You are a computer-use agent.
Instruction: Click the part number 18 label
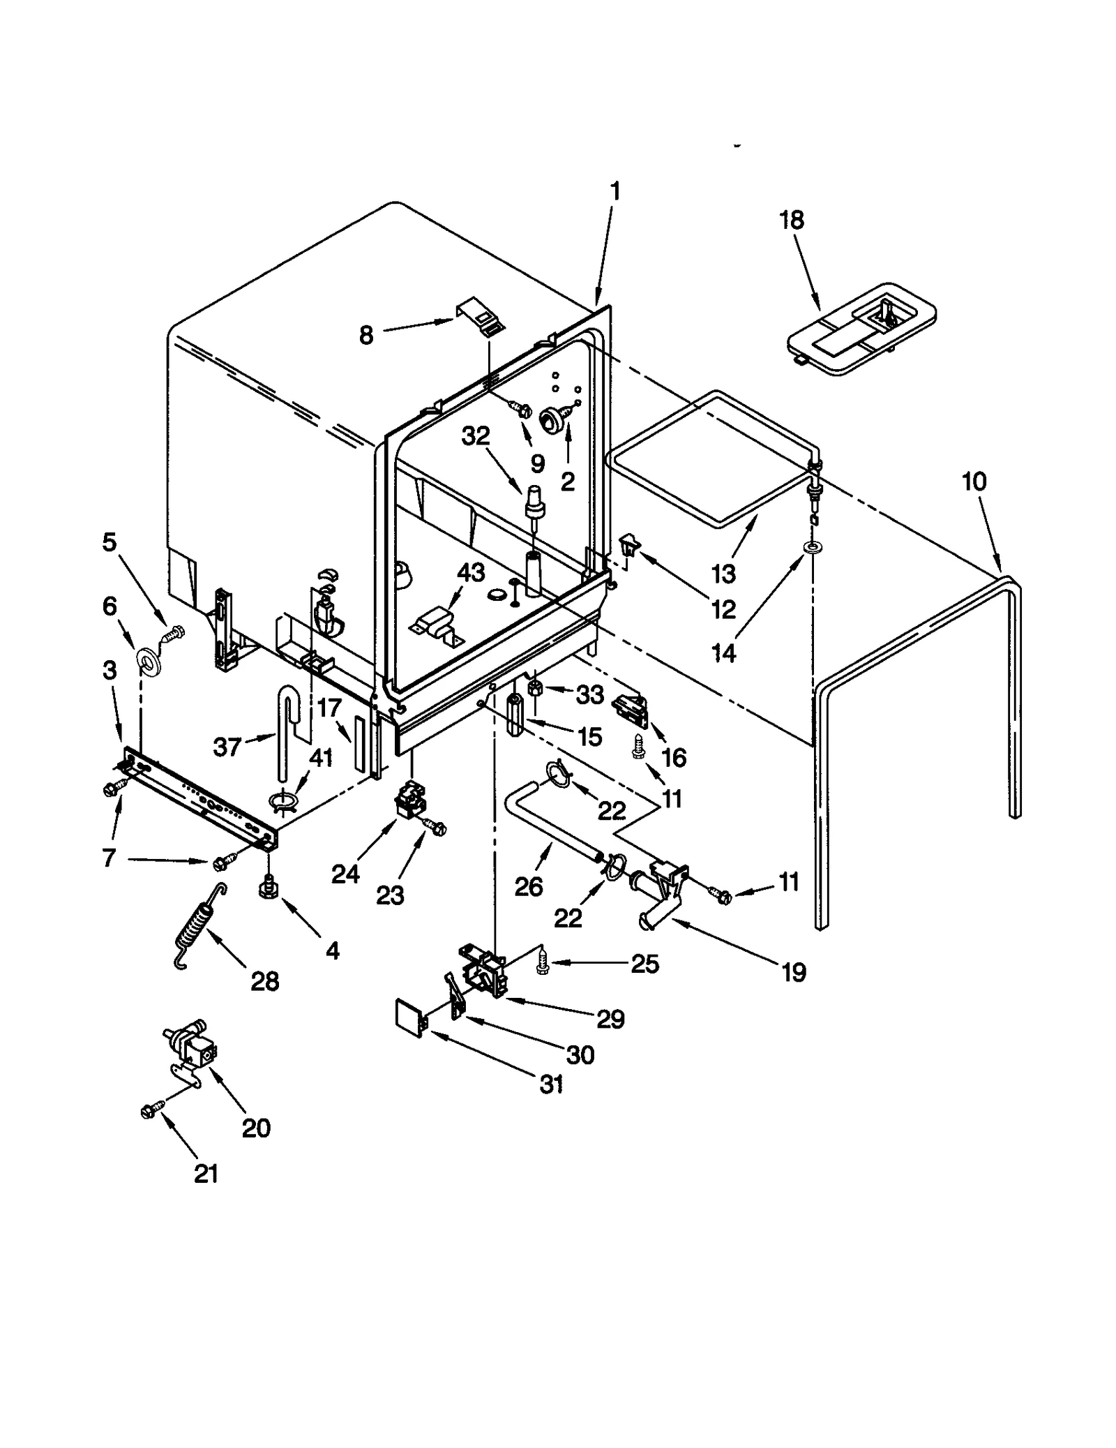791,220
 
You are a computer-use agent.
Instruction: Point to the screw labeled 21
151,1109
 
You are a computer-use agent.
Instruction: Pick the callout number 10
974,481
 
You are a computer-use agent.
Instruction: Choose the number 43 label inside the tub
471,572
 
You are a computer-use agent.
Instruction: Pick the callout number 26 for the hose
528,886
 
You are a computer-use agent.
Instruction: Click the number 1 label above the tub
614,191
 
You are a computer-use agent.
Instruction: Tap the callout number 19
794,971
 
